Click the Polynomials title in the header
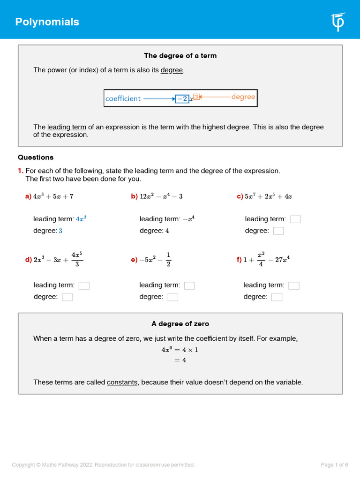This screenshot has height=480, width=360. [47, 22]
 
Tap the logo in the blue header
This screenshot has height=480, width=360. [338, 22]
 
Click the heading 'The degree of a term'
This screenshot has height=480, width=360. [180, 56]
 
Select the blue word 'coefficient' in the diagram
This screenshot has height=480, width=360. [123, 98]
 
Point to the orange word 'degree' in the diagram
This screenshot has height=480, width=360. [243, 97]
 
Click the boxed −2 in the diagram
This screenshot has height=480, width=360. [182, 98]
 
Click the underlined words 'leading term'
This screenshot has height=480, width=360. [67, 127]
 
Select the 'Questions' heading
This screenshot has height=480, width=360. [36, 157]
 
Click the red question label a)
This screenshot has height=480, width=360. [28, 197]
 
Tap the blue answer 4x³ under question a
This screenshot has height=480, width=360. [81, 219]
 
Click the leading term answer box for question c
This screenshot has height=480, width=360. [295, 219]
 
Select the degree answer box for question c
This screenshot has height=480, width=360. [278, 231]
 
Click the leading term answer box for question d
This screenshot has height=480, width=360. [84, 285]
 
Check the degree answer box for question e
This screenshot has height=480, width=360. [173, 297]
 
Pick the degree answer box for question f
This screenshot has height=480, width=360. [277, 297]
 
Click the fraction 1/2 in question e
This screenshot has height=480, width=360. [168, 260]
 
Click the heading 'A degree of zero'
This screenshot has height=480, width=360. [180, 324]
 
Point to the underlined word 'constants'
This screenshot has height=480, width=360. [122, 382]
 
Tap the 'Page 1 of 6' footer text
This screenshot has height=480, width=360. [334, 465]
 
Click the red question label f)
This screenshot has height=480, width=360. [239, 260]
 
